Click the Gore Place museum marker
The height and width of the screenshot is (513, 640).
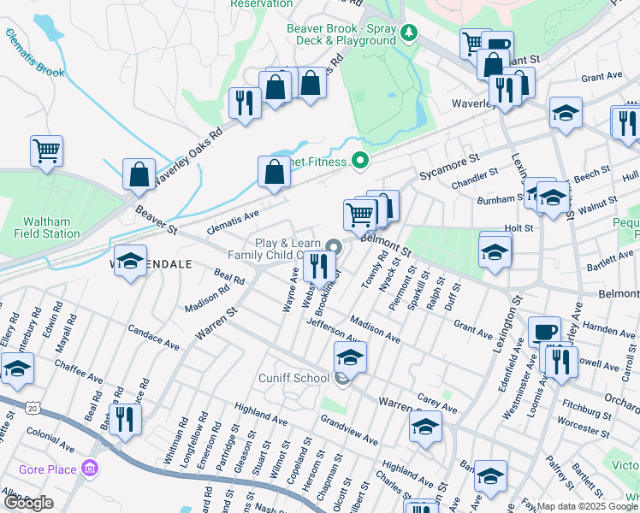point(89,468)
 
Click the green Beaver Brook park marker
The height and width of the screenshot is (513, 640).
point(411,33)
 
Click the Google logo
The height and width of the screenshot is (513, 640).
point(28,502)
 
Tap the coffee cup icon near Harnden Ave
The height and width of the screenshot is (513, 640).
point(544,331)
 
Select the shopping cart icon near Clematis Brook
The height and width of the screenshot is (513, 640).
point(47,150)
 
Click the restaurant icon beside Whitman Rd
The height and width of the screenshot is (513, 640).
point(125,419)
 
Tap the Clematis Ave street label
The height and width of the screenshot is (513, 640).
point(233,224)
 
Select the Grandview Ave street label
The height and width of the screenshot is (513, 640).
point(349,430)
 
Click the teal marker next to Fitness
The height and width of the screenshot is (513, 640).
point(361,161)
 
